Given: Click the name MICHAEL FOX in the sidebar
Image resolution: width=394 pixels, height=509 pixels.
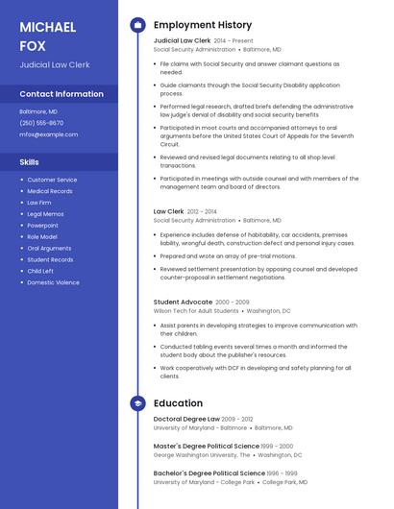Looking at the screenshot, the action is pyautogui.click(x=47, y=36).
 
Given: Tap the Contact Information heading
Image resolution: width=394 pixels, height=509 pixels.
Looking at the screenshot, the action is pyautogui.click(x=62, y=94).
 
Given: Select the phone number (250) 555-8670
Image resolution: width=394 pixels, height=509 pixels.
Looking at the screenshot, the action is pyautogui.click(x=41, y=123).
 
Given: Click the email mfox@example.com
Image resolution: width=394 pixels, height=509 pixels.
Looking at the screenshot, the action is pyautogui.click(x=48, y=134).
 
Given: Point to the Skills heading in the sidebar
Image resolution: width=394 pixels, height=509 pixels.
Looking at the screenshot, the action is pyautogui.click(x=29, y=162).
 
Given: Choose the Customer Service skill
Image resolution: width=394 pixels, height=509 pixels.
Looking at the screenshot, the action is pyautogui.click(x=52, y=180).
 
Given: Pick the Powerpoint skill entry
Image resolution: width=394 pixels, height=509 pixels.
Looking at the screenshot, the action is pyautogui.click(x=42, y=226).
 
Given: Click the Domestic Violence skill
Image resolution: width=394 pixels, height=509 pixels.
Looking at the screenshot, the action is pyautogui.click(x=53, y=282).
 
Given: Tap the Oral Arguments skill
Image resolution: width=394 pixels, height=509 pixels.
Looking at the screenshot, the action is pyautogui.click(x=49, y=248).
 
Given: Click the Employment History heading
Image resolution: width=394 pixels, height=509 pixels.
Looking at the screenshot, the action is pyautogui.click(x=203, y=25).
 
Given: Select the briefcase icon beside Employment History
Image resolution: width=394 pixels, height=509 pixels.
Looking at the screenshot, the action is pyautogui.click(x=137, y=25).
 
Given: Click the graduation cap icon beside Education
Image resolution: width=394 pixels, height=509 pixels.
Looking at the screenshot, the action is pyautogui.click(x=137, y=403).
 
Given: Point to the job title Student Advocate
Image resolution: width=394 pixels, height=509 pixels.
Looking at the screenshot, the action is pyautogui.click(x=183, y=302).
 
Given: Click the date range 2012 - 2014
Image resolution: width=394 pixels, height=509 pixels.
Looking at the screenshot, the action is pyautogui.click(x=202, y=211).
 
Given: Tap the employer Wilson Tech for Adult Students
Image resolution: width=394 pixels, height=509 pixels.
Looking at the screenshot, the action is pyautogui.click(x=196, y=311).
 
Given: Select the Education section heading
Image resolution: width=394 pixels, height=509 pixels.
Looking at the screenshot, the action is pyautogui.click(x=178, y=403).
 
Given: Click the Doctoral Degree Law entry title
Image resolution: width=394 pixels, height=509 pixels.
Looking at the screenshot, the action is pyautogui.click(x=186, y=419).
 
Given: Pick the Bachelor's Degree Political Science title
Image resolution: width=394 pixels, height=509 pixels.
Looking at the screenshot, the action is pyautogui.click(x=209, y=473).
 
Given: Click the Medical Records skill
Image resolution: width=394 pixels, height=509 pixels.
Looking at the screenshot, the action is pyautogui.click(x=50, y=191).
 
